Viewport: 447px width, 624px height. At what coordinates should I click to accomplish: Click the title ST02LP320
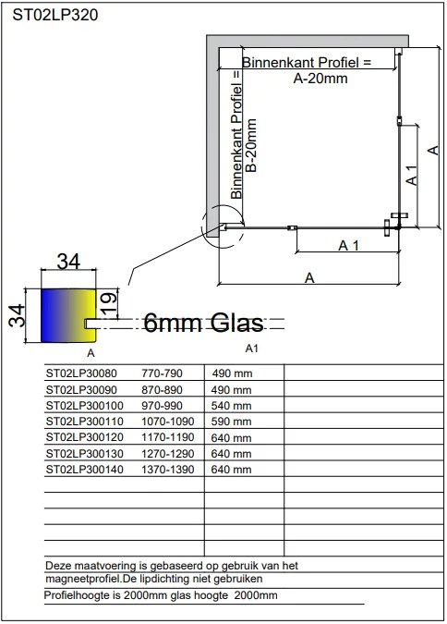click(x=55, y=15)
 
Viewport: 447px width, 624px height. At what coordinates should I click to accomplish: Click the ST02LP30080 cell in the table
click(x=81, y=373)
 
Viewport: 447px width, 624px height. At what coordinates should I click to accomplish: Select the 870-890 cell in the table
click(x=162, y=389)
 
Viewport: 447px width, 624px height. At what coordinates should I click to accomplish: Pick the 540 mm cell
click(x=232, y=406)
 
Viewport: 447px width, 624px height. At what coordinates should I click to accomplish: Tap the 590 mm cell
click(x=232, y=421)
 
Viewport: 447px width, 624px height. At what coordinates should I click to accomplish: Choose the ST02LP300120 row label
click(x=85, y=437)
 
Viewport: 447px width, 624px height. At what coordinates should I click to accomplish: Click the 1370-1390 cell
click(x=168, y=470)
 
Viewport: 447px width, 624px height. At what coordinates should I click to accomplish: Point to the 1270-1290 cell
click(x=168, y=453)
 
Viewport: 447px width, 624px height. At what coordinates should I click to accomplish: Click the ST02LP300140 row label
click(x=85, y=470)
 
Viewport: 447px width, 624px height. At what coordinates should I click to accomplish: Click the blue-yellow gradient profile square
click(x=68, y=315)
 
